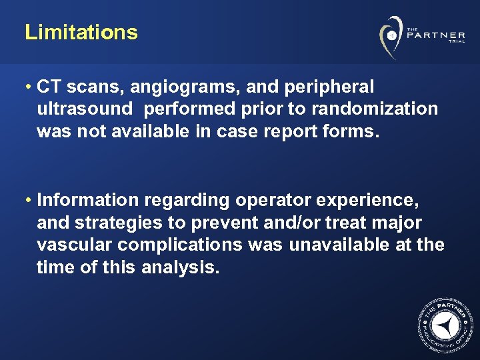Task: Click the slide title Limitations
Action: [x=81, y=33]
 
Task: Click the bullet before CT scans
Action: [x=29, y=87]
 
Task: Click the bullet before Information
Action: [x=29, y=200]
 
